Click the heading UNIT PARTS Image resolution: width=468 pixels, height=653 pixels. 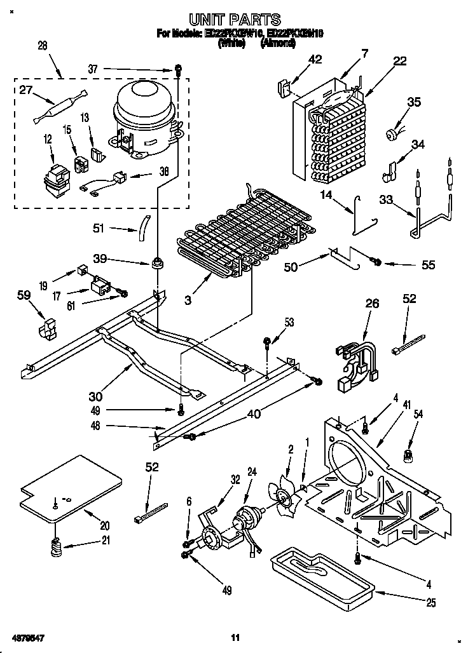tap(235, 20)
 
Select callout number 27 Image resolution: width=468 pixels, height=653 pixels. tap(26, 90)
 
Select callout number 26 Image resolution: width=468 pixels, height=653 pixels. tap(372, 304)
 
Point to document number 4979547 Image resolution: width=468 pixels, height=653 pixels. tap(27, 636)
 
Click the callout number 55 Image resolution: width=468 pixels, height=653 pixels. tap(429, 264)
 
